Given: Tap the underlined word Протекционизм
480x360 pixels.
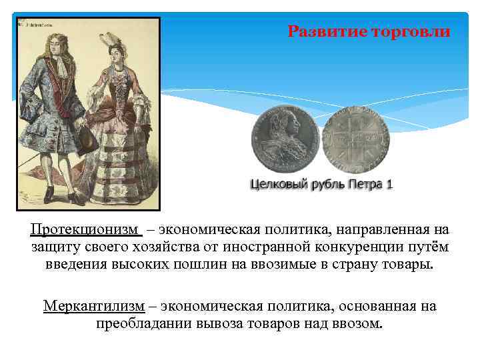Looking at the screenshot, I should click(x=85, y=230).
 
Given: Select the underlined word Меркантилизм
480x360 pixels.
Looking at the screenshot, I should click(x=94, y=306).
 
